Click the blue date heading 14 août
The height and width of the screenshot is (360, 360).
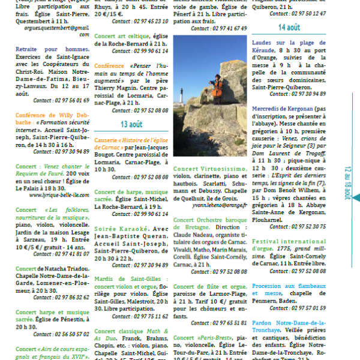288,28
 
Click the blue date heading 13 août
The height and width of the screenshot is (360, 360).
132,124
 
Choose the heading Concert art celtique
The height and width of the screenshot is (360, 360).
122,36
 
